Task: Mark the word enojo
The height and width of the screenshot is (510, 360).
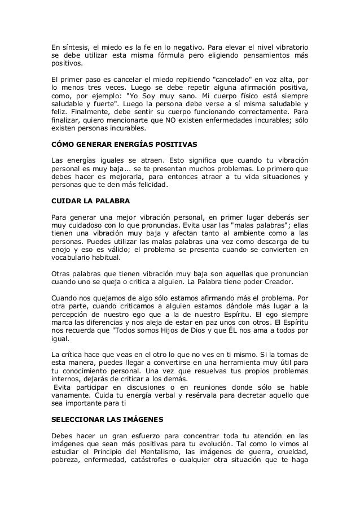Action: [x=61, y=249]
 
